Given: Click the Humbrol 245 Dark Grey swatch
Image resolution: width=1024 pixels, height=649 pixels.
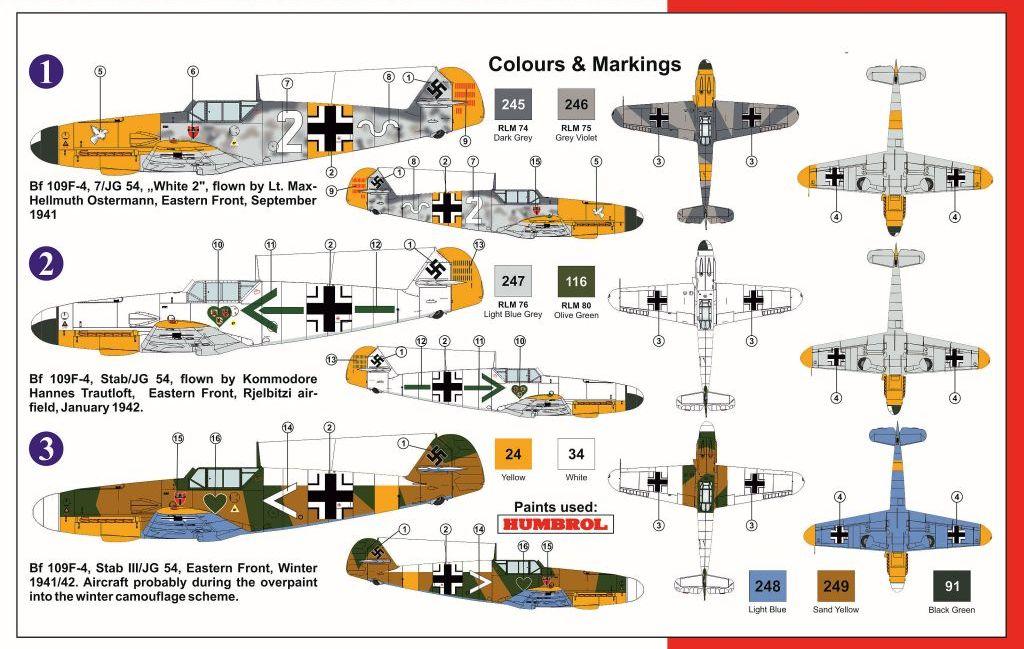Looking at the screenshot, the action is point(513,104).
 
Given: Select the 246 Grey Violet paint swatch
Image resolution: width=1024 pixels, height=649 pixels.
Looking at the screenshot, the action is point(576,104).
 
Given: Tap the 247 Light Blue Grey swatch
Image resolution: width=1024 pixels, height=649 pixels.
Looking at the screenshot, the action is point(513,281).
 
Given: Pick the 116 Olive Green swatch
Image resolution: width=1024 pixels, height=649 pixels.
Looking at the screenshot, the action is point(576,281).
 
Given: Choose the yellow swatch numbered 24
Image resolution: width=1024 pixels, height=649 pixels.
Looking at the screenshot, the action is point(513,454).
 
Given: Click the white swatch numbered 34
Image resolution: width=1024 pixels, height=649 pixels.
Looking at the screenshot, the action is point(576,454).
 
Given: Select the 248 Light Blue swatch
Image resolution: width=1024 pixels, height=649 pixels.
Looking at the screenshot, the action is point(767,586).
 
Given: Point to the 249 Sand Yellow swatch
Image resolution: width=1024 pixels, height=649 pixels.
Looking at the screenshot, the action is point(836,586).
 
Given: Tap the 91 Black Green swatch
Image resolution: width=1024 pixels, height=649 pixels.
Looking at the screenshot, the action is point(952,586).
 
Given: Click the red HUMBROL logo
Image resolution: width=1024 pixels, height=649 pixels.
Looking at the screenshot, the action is point(554,524).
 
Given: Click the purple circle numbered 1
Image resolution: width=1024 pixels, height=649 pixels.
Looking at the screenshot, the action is point(46,71).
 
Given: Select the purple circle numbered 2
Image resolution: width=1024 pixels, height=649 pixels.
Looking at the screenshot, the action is point(46,265).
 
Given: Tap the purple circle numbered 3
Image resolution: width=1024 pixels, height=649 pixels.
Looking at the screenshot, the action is point(46,451).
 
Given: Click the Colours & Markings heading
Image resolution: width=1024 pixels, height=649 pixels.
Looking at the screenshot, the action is point(584,65).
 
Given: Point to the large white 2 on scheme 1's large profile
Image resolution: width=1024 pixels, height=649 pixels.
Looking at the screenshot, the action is point(290,131).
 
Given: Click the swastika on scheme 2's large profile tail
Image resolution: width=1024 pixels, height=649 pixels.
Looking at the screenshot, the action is point(436,268).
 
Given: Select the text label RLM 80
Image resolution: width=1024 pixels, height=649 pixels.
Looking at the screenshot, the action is point(576,305).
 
